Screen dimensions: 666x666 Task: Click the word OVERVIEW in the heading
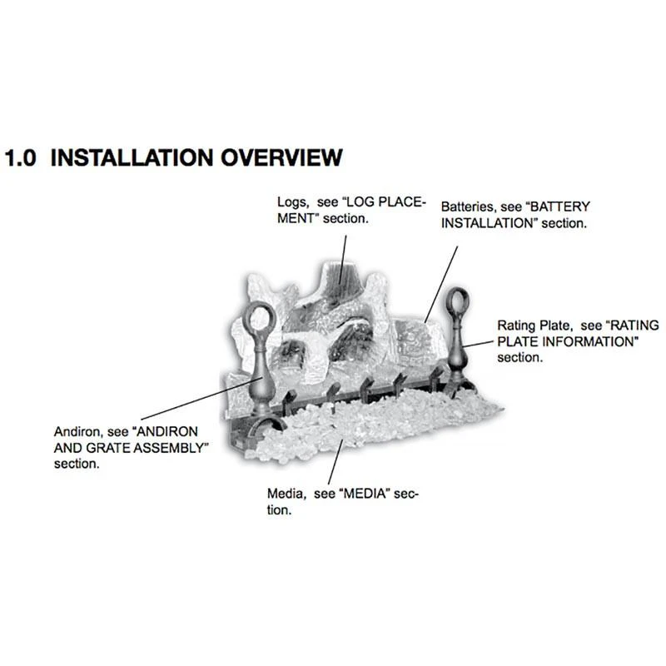[281, 157]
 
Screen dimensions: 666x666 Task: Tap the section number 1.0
[20, 158]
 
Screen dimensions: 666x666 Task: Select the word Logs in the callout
[292, 202]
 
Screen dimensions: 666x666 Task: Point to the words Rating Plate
[534, 326]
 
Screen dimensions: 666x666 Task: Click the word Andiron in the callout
[78, 432]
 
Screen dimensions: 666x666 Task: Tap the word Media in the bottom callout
[286, 494]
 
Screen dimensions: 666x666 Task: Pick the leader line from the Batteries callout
[442, 284]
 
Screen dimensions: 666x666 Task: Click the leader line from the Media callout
[335, 462]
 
